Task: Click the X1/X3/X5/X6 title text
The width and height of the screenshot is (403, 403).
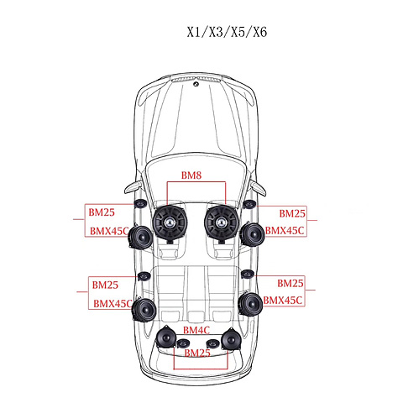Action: pyautogui.click(x=227, y=32)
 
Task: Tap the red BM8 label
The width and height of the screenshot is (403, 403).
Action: pyautogui.click(x=191, y=175)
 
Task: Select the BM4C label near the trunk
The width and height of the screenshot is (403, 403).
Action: pyautogui.click(x=196, y=330)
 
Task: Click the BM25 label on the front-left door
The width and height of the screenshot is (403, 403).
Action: pyautogui.click(x=102, y=212)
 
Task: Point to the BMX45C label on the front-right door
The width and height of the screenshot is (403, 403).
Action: pyautogui.click(x=285, y=231)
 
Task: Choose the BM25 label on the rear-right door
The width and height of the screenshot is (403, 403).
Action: pyautogui.click(x=290, y=283)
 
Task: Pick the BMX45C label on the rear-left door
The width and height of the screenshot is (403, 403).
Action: pyautogui.click(x=113, y=304)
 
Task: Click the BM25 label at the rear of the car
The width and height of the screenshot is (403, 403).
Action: pyautogui.click(x=197, y=353)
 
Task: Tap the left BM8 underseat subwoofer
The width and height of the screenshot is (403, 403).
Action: pyautogui.click(x=170, y=223)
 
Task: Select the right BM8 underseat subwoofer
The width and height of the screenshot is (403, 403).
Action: pyautogui.click(x=221, y=223)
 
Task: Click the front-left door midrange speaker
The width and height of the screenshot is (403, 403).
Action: pyautogui.click(x=140, y=237)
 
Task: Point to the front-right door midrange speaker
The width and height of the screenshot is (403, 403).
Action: pyautogui.click(x=253, y=234)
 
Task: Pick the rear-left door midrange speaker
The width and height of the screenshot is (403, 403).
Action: pyautogui.click(x=144, y=310)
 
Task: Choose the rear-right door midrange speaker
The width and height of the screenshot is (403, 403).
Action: pyautogui.click(x=250, y=305)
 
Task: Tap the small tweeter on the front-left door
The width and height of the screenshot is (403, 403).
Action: pyautogui.click(x=140, y=204)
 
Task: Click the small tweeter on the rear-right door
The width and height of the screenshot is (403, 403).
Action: pyautogui.click(x=247, y=274)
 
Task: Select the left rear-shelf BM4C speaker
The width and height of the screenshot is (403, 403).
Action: pyautogui.click(x=165, y=338)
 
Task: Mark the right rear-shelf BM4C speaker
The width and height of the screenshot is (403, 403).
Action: pyautogui.click(x=231, y=338)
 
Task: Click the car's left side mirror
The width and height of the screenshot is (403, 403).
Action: pyautogui.click(x=133, y=186)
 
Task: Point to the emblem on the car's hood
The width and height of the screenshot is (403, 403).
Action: pyautogui.click(x=196, y=83)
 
